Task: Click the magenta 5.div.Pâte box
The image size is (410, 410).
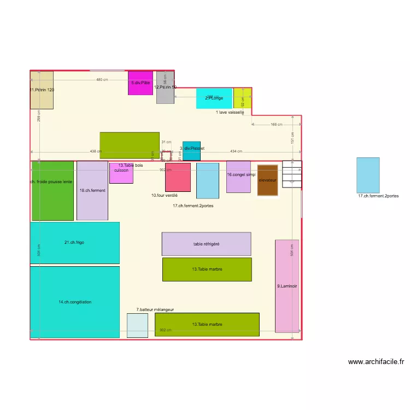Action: point(140,83)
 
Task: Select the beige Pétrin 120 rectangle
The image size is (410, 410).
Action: point(42,90)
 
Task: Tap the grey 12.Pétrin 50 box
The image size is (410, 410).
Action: point(165,87)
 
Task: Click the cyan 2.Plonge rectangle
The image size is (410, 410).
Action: point(214,98)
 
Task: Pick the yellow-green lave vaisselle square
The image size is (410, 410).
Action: point(243,98)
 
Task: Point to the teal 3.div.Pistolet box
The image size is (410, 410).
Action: point(191,151)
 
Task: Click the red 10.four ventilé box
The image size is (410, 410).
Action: point(178,177)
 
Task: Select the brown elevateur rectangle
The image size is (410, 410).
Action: point(268,180)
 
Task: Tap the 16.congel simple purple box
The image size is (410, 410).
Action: point(238,177)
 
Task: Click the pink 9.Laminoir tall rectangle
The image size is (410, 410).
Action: point(286,286)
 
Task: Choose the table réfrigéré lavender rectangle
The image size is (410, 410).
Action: point(206,244)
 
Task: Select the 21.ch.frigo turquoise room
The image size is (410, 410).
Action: point(74,243)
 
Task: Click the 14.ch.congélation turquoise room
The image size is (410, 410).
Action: point(74,302)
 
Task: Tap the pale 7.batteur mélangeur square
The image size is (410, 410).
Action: point(137,325)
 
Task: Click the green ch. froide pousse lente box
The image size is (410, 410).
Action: point(52,191)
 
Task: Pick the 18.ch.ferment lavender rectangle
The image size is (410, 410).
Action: point(92,191)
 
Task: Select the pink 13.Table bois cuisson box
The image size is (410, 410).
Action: point(121,173)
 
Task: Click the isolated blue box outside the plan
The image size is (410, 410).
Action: point(368,174)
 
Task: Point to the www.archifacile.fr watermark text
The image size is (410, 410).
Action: point(376,361)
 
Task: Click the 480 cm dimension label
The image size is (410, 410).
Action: point(102,80)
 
